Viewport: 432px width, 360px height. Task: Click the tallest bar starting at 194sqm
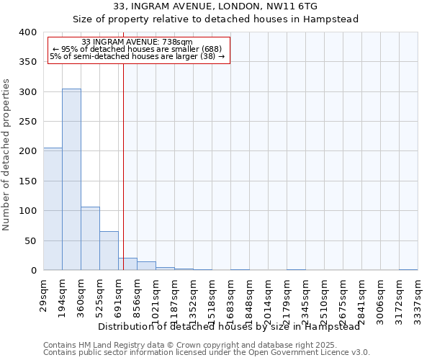click(x=71, y=179)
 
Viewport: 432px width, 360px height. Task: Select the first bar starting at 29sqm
click(x=53, y=209)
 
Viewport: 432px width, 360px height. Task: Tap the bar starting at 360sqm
click(x=90, y=238)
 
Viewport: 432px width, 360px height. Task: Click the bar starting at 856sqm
click(x=146, y=266)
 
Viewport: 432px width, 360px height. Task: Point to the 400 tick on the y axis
click(x=27, y=32)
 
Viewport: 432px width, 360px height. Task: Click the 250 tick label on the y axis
click(x=27, y=122)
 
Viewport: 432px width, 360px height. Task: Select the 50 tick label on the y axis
click(x=30, y=240)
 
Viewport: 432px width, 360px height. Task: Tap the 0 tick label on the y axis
click(x=32, y=271)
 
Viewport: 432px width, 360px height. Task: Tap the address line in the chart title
click(x=216, y=6)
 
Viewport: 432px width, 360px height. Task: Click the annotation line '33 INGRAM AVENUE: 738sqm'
click(x=137, y=42)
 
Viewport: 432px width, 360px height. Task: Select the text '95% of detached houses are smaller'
click(x=141, y=49)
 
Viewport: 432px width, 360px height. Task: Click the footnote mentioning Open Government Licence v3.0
click(x=207, y=352)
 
